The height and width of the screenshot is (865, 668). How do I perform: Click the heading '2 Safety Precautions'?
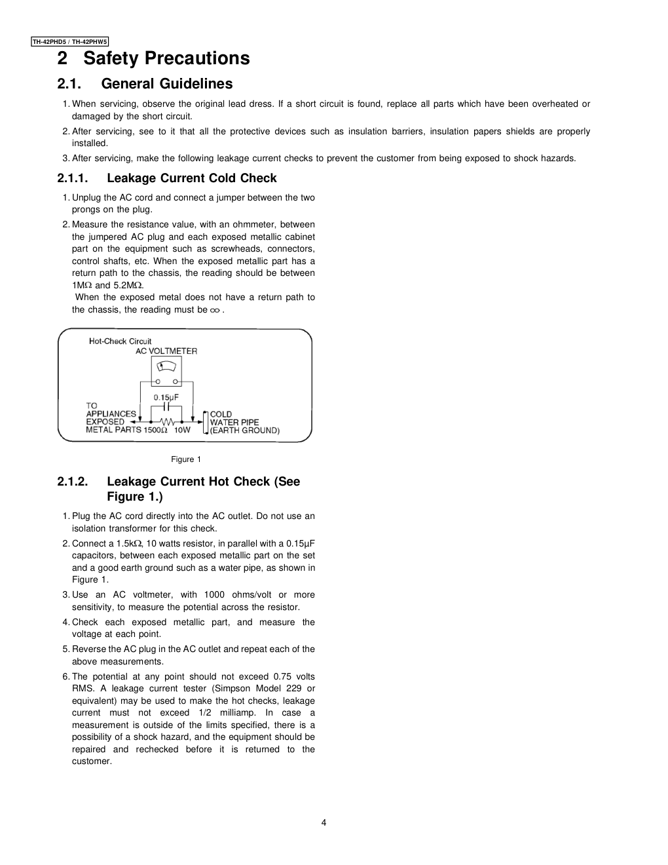pos(153,58)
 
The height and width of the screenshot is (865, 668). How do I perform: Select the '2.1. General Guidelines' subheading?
pos(145,84)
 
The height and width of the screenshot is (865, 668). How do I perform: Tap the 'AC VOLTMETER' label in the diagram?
pos(166,351)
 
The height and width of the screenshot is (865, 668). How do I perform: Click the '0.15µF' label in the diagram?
pos(166,397)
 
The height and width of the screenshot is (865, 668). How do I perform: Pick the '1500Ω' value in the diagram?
pos(156,431)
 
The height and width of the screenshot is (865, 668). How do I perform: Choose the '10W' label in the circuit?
pos(182,431)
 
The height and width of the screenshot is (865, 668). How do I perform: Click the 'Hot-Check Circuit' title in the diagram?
pos(120,341)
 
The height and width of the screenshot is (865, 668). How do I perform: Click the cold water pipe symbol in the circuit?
pos(206,423)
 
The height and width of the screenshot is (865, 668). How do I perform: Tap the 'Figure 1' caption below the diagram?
pos(186,459)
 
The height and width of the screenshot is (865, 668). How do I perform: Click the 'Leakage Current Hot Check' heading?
pos(203,482)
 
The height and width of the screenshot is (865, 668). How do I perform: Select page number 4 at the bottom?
pos(324,823)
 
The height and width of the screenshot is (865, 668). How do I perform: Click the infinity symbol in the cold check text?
pos(215,310)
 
